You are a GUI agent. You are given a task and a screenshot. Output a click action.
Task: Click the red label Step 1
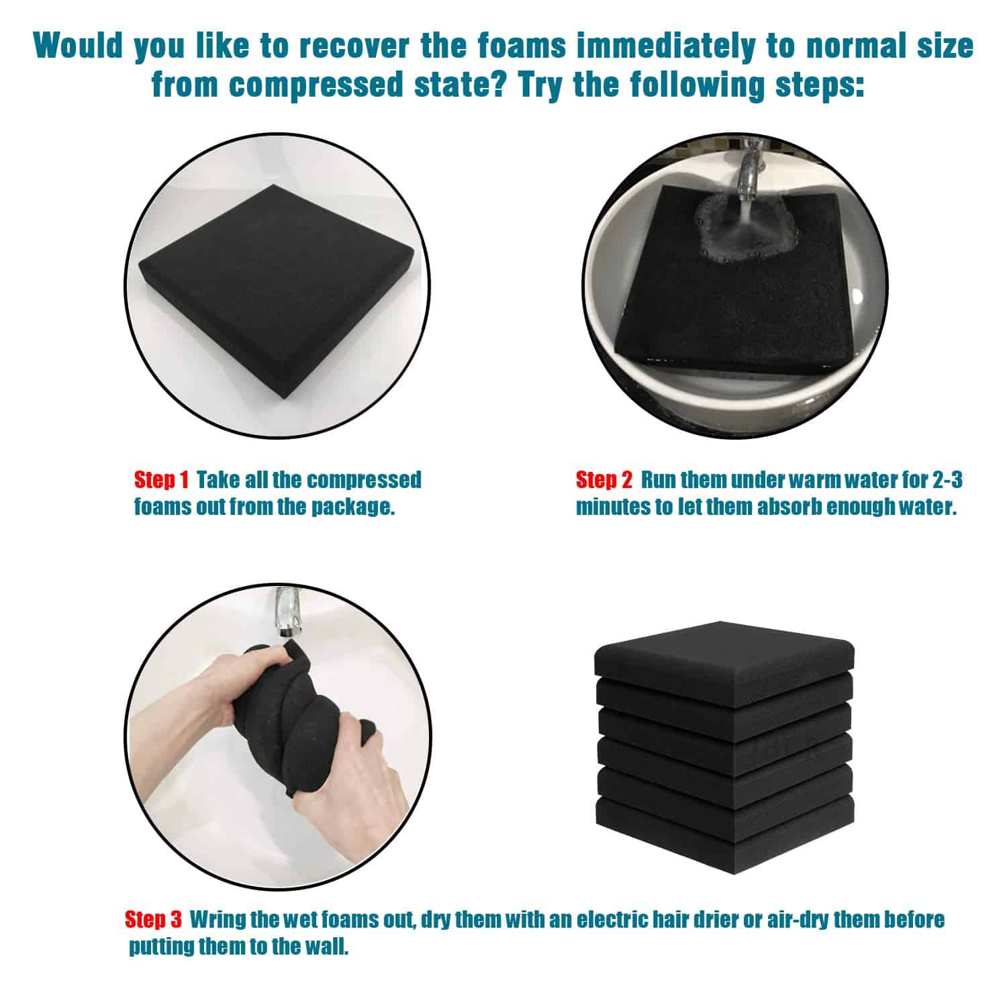click(x=162, y=480)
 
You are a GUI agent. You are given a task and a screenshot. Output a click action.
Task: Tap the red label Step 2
click(x=604, y=480)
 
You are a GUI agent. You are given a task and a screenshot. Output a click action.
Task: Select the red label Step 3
click(x=153, y=919)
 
